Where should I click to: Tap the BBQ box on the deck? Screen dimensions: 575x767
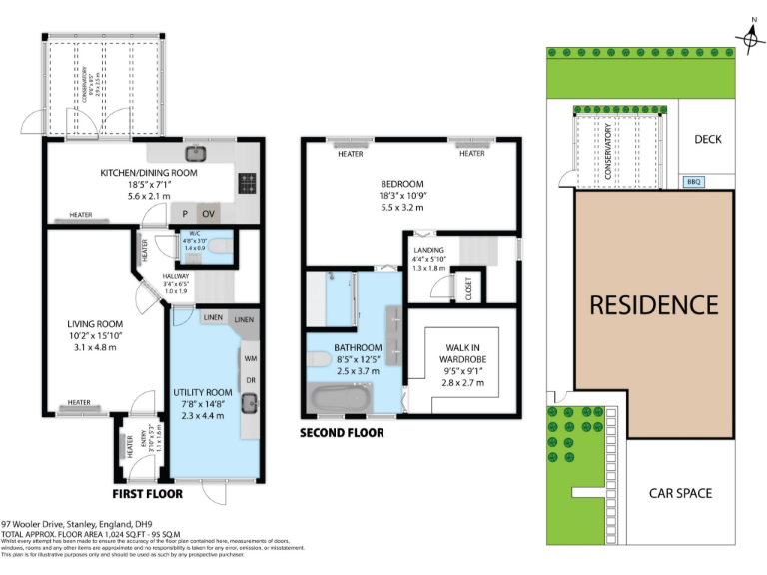(x=693, y=182)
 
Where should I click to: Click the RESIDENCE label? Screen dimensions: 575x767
(x=653, y=305)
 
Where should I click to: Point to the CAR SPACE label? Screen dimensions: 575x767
(x=679, y=493)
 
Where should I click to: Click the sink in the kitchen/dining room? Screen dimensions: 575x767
(x=196, y=154)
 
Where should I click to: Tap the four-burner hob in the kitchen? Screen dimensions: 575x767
(x=247, y=183)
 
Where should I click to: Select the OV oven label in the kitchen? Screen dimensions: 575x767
(x=209, y=214)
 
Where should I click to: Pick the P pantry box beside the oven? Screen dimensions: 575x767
(x=185, y=214)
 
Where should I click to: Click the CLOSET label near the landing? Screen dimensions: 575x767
(x=471, y=288)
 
